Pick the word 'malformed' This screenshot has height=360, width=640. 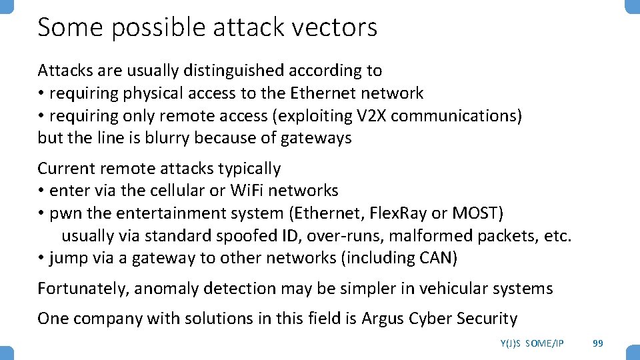[x=433, y=236]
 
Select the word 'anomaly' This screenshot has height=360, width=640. [x=165, y=289]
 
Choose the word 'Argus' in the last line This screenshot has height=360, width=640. [x=382, y=319]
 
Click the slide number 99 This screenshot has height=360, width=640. [x=598, y=343]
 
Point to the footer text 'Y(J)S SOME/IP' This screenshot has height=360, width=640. [x=531, y=343]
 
